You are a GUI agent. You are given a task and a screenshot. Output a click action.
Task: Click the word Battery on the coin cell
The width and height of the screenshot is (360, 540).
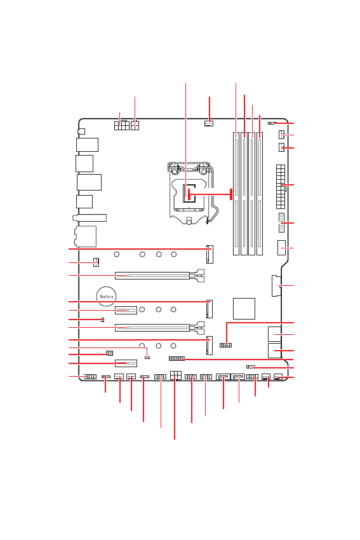click(106, 297)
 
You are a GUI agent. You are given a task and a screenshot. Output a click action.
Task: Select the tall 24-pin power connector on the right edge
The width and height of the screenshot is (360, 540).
click(281, 187)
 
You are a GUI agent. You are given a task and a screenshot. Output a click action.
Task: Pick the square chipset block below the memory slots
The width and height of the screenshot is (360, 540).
click(244, 309)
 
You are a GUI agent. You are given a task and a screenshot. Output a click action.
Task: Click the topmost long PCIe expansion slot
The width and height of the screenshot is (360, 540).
click(159, 276)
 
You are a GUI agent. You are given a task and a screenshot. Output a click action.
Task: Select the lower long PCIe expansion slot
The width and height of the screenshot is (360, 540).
click(159, 327)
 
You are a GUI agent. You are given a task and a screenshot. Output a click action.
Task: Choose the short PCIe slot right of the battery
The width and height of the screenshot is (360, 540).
click(126, 310)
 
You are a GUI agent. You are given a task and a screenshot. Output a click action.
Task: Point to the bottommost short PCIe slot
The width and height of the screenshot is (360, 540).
click(126, 363)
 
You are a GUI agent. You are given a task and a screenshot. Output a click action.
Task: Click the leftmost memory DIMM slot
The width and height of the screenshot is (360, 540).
click(236, 193)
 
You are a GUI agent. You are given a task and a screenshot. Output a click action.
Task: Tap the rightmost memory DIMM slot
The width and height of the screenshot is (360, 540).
click(260, 193)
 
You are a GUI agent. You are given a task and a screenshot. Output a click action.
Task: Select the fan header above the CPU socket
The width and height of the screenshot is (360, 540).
click(208, 123)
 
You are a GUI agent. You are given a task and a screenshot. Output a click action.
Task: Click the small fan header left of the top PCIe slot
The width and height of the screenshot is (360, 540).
click(96, 262)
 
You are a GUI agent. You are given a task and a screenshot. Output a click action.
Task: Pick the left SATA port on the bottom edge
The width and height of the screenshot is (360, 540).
click(223, 377)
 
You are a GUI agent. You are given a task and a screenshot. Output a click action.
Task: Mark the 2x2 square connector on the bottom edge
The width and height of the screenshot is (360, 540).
click(175, 375)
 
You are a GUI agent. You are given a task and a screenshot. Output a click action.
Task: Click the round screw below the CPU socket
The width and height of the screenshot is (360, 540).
click(189, 222)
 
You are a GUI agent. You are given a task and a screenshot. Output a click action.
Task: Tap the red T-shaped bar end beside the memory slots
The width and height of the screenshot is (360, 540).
click(231, 194)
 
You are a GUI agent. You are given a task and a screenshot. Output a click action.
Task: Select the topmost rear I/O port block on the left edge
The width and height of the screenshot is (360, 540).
click(88, 145)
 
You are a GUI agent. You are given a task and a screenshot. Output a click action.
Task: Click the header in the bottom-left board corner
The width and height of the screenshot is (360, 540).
click(91, 377)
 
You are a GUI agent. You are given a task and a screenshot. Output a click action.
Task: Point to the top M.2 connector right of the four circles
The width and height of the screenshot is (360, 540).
click(210, 254)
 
